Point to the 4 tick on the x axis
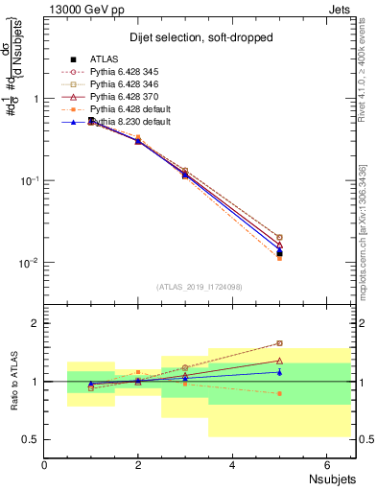pyautogui.click(x=233, y=465)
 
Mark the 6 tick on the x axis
pyautogui.click(x=327, y=465)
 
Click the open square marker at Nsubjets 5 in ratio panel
pyautogui.click(x=279, y=342)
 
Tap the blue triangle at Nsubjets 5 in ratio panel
pyautogui.click(x=279, y=371)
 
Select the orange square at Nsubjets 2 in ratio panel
pyautogui.click(x=138, y=372)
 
